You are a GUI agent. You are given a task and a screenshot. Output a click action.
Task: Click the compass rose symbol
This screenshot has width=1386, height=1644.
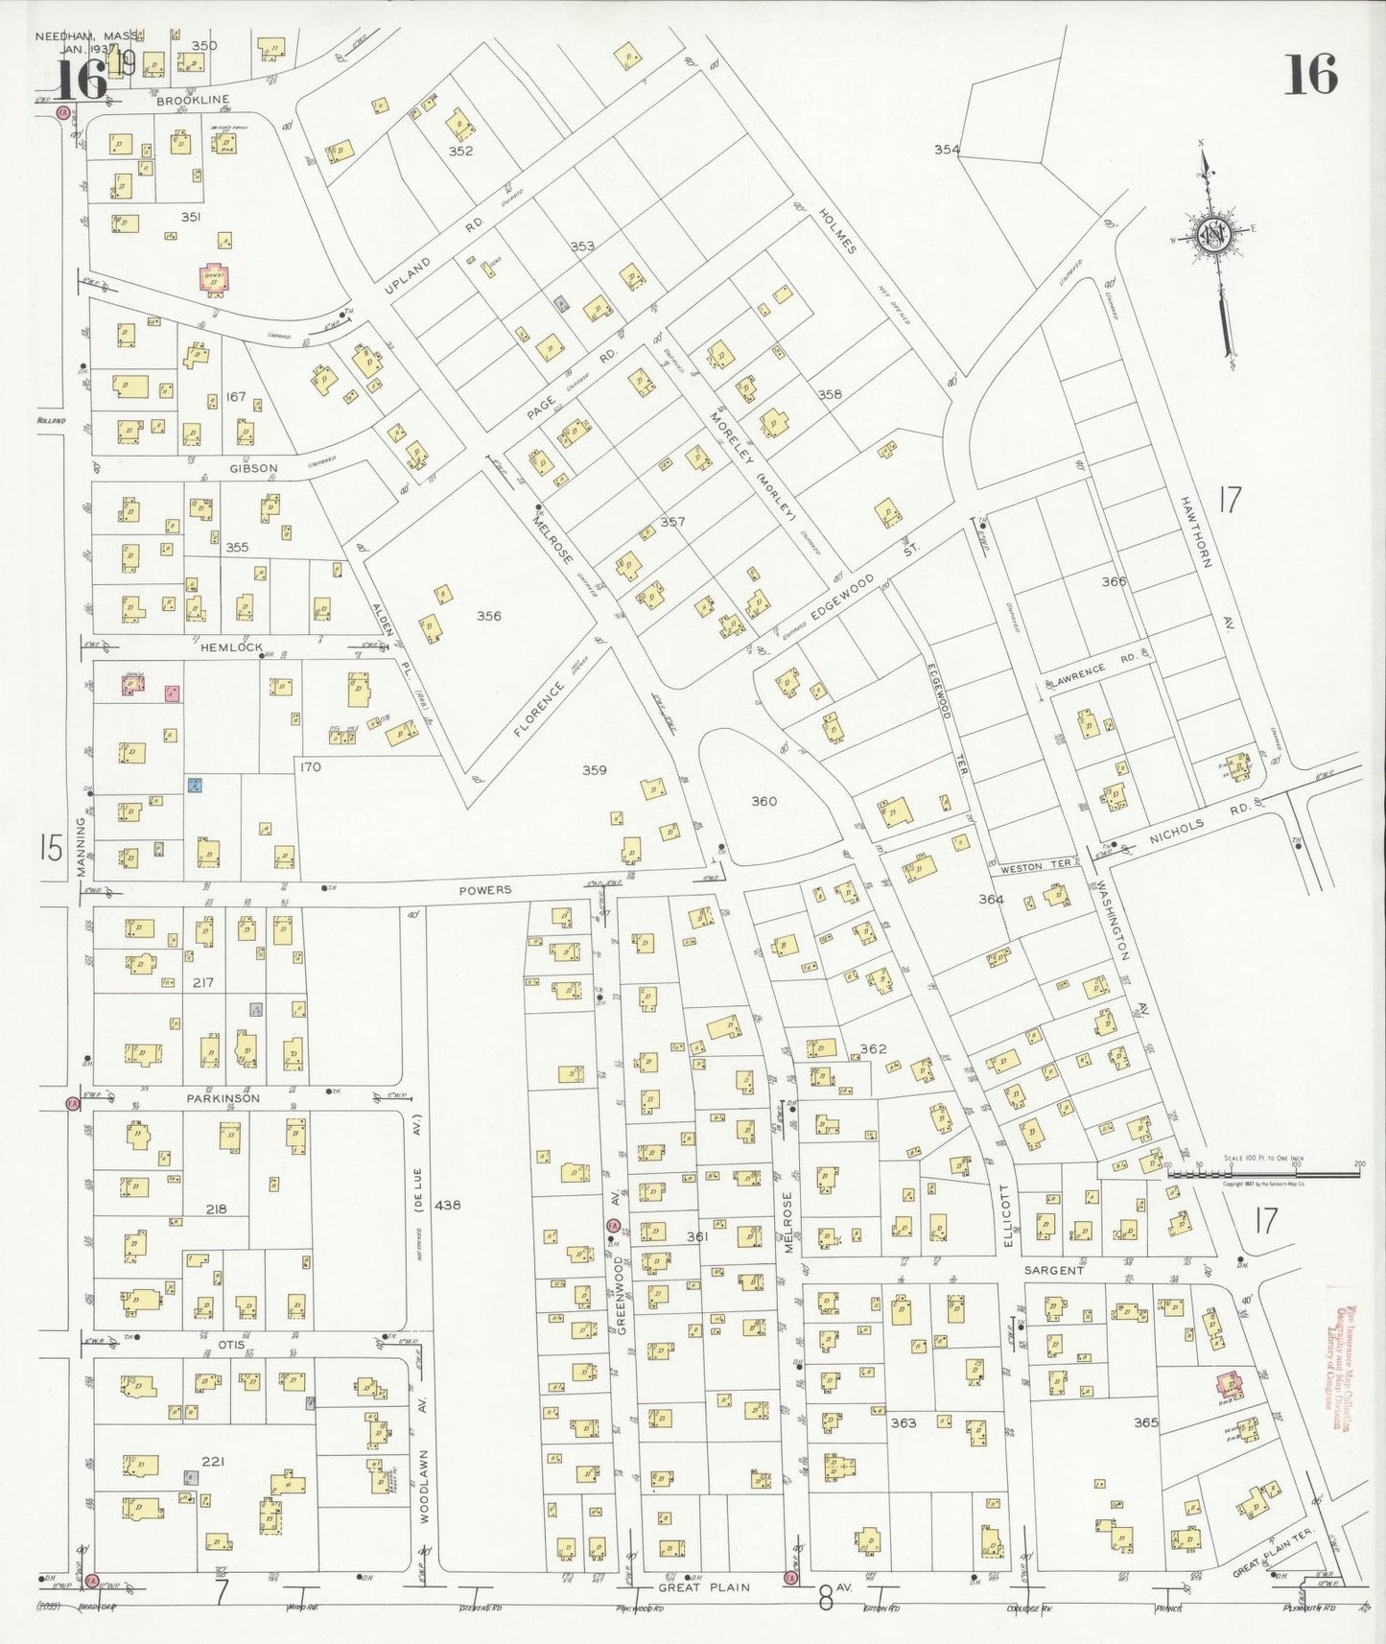click(x=1212, y=233)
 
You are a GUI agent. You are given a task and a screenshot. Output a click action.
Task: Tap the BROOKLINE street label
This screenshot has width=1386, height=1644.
click(x=193, y=100)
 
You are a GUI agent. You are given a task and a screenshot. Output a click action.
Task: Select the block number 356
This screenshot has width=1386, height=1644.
click(x=488, y=616)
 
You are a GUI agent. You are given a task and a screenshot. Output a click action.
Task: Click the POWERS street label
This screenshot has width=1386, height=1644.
click(x=484, y=890)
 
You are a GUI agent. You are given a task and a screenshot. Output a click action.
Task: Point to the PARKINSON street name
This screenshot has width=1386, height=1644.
click(x=223, y=1098)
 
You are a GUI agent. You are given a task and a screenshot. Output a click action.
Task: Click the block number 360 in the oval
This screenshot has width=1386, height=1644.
click(x=763, y=801)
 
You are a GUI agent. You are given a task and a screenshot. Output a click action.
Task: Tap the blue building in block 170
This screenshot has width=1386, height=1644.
click(x=195, y=786)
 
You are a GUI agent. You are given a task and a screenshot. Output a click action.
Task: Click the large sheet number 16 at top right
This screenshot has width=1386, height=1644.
click(x=1309, y=75)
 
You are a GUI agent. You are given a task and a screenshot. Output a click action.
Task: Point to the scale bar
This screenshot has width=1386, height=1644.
click(x=1262, y=1172)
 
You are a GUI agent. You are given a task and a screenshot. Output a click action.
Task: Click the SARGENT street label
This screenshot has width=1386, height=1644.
click(x=1053, y=1270)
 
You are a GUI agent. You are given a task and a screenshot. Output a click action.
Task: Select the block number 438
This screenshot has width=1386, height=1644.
click(x=447, y=1205)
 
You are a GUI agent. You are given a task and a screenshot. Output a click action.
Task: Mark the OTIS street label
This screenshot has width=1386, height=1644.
click(x=231, y=1345)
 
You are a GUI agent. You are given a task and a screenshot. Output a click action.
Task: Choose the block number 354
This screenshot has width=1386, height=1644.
click(x=947, y=149)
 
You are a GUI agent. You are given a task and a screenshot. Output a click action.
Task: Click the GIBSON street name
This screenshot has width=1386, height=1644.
click(x=253, y=469)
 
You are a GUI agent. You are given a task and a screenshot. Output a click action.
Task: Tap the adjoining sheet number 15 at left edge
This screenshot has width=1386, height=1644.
click(x=50, y=848)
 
